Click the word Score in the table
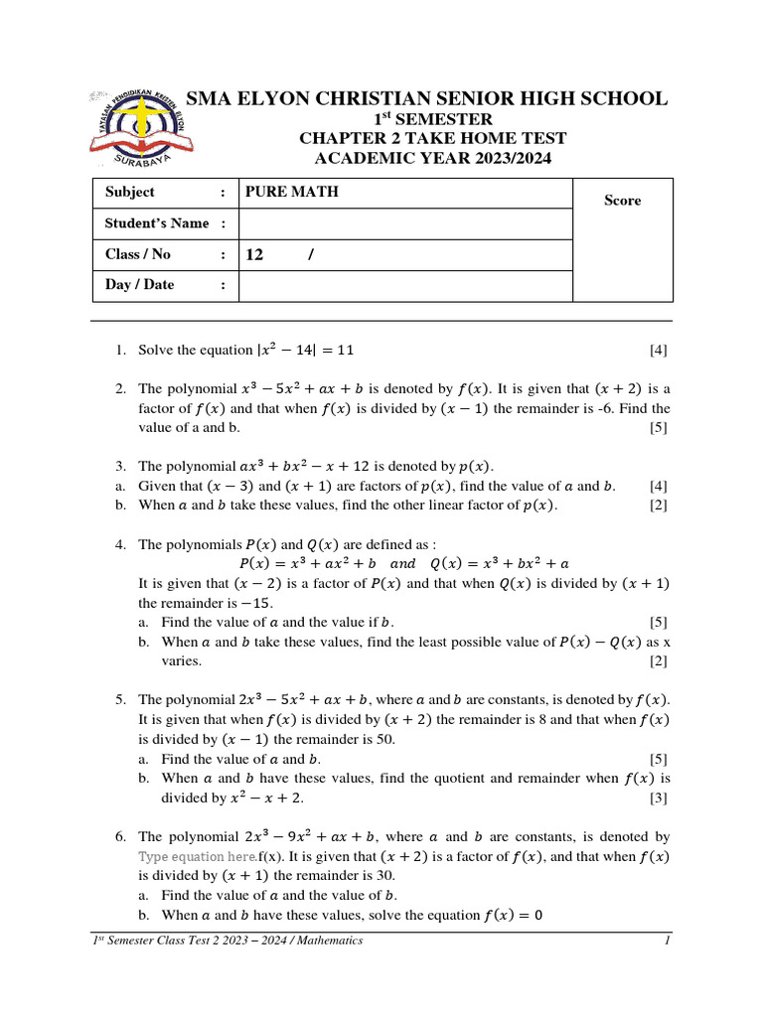coord(623,201)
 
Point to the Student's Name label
coord(157,223)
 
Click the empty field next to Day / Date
coord(404,286)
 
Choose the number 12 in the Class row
coord(254,255)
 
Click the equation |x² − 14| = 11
coord(305,350)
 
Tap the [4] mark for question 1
coord(658,350)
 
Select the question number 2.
coord(119,388)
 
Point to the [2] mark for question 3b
coord(658,506)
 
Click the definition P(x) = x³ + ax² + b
coord(304,563)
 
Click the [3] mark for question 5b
coord(658,798)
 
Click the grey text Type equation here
coord(197,856)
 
